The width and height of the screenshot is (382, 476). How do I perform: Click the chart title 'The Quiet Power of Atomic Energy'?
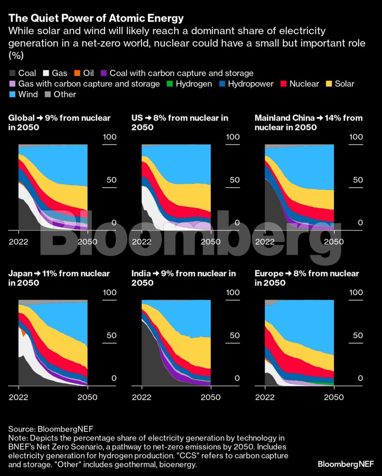[x=96, y=18]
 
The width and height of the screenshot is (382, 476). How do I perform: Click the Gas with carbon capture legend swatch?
[x=12, y=84]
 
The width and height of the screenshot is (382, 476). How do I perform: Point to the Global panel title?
[x=59, y=123]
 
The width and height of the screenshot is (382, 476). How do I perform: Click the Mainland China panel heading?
[x=308, y=123]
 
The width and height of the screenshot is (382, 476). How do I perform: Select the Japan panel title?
[x=59, y=278]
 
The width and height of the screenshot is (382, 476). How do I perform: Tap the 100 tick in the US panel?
[x=233, y=137]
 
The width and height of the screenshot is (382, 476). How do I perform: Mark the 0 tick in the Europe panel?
[x=360, y=378]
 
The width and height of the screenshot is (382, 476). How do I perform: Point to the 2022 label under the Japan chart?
[x=19, y=397]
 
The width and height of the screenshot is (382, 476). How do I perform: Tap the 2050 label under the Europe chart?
[x=334, y=397]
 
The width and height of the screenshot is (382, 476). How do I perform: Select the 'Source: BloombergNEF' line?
[x=51, y=429]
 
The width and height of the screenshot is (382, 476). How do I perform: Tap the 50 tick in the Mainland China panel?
[x=357, y=180]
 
